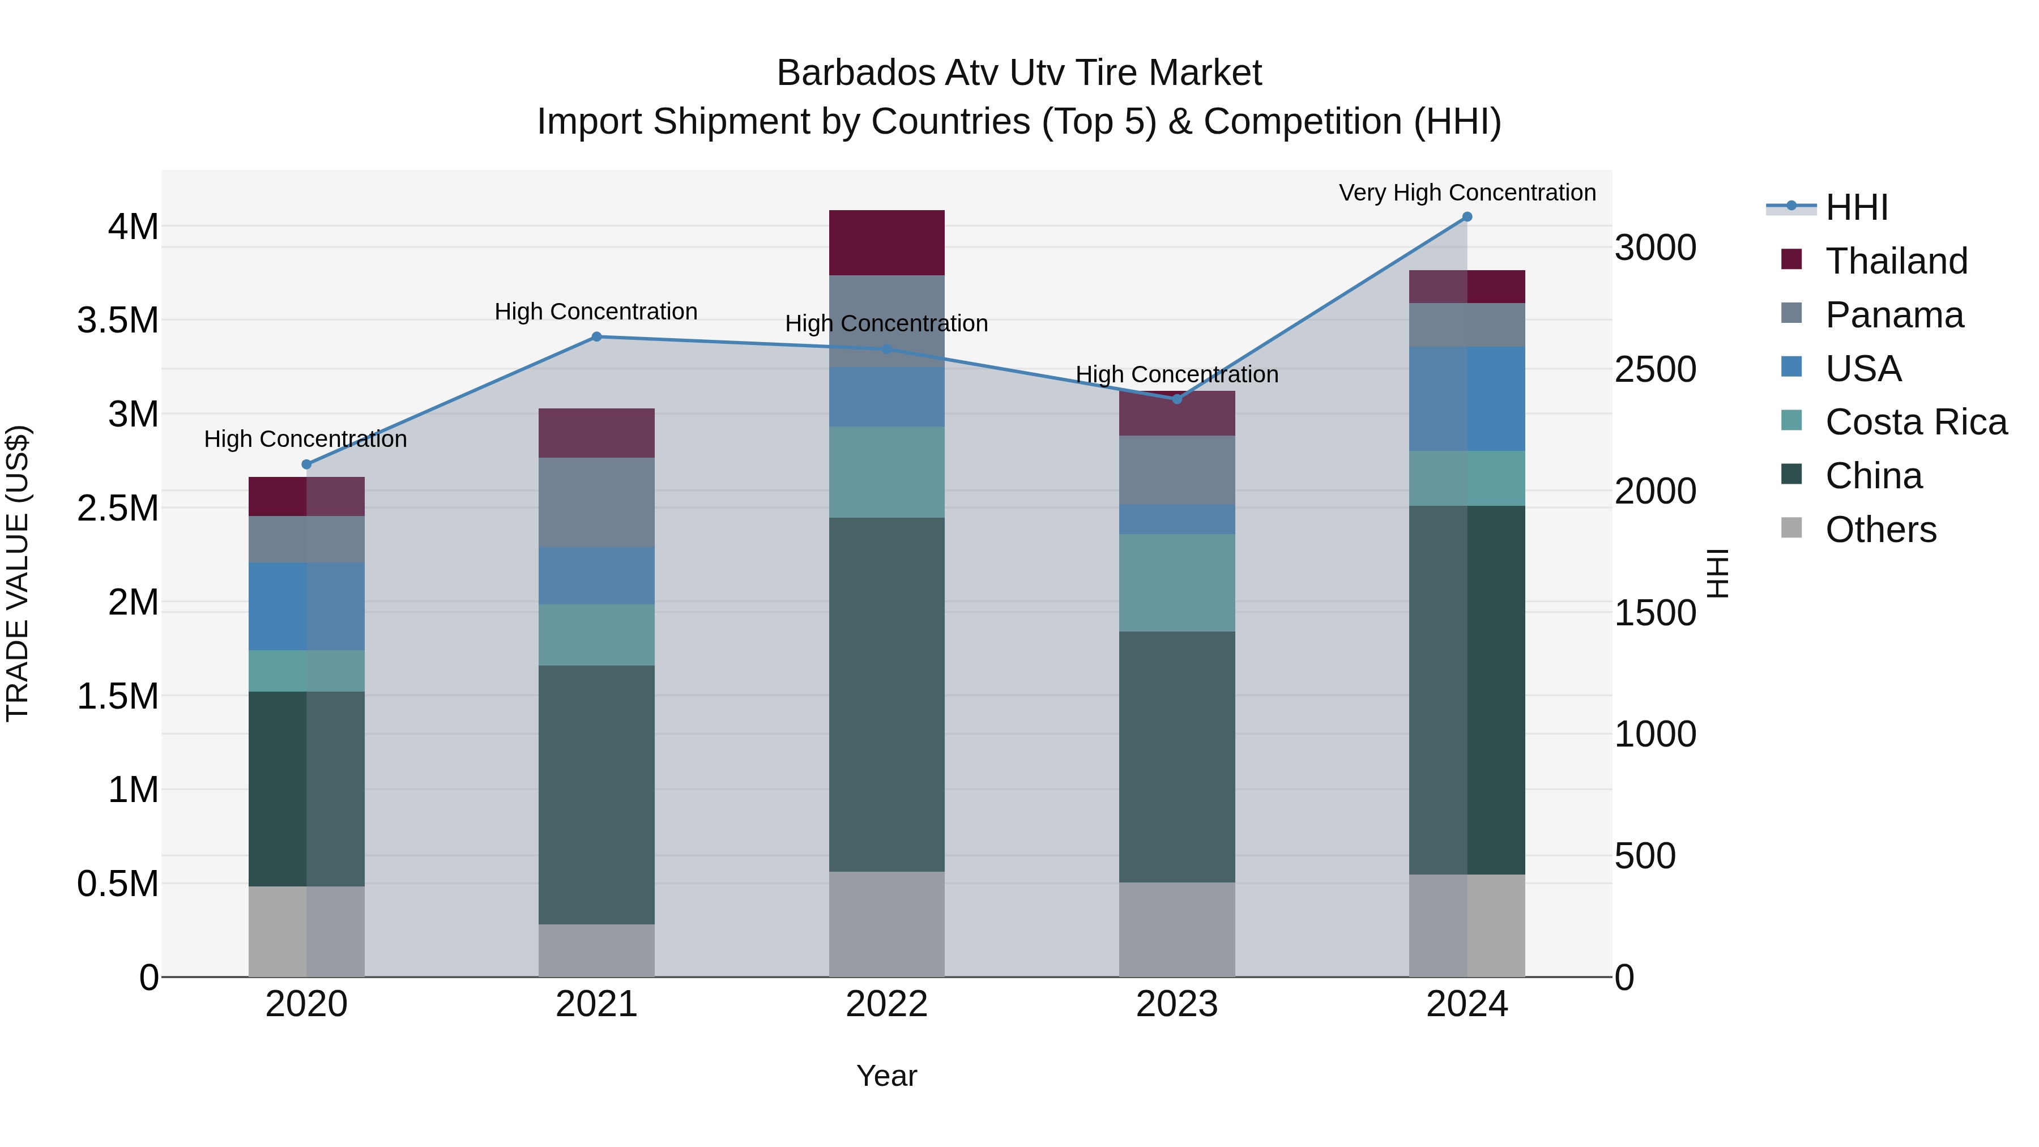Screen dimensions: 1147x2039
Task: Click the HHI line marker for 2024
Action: point(1467,217)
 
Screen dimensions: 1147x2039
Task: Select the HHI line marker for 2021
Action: point(597,336)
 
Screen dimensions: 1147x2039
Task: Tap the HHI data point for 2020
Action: point(306,464)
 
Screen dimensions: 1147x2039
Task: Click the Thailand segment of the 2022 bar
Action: point(886,242)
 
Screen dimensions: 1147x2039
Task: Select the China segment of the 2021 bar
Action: point(597,794)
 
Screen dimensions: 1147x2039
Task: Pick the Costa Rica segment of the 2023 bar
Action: point(1176,583)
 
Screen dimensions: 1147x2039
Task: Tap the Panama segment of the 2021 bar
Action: point(597,502)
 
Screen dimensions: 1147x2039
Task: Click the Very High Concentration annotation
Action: point(1467,193)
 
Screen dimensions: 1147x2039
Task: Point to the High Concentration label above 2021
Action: point(595,312)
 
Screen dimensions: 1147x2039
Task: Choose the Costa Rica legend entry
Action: point(1916,422)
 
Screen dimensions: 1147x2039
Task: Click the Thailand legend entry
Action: point(1896,261)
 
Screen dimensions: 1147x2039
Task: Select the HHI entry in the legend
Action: point(1856,207)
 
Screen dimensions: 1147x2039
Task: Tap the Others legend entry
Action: point(1880,530)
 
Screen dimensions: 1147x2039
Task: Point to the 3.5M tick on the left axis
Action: point(118,321)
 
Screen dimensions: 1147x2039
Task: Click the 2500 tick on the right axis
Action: point(1655,370)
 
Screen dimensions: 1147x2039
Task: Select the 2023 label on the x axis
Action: point(1176,1004)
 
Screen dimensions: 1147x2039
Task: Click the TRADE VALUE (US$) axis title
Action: point(18,573)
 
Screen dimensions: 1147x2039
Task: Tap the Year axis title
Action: point(886,1076)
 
